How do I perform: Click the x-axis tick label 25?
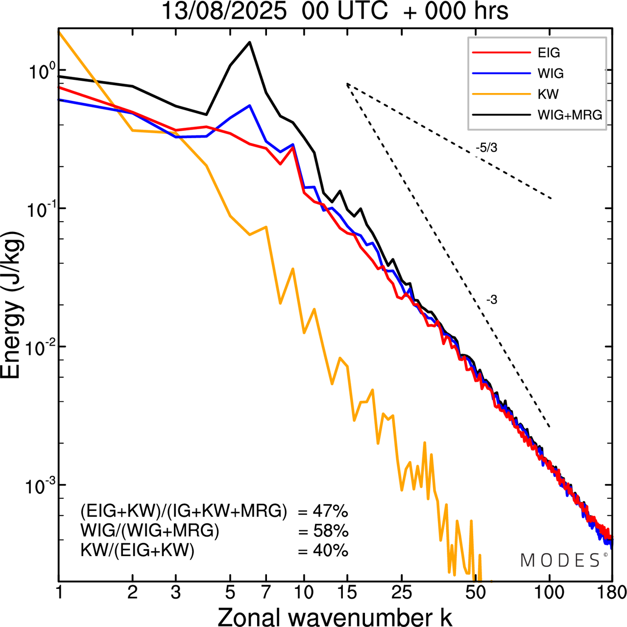coord(401,593)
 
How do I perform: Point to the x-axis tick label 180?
coord(612,593)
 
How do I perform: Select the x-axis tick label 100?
coord(550,593)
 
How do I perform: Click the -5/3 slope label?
coord(486,148)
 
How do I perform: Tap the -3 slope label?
coord(492,300)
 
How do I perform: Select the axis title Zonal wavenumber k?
coord(335,617)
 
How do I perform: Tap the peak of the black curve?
coord(249,42)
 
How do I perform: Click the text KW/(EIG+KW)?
coord(138,551)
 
